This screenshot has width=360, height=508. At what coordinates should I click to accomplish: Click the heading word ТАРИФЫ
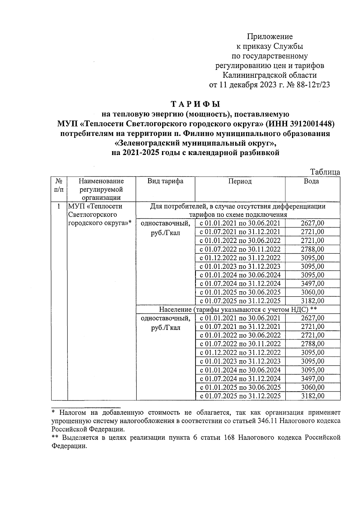(x=195, y=104)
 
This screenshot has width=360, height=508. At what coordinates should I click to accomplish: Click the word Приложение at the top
(x=270, y=37)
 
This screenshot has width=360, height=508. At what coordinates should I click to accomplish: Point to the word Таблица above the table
(x=325, y=172)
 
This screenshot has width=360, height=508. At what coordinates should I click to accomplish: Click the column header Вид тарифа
(x=165, y=181)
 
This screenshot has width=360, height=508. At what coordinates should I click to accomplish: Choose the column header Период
(x=240, y=181)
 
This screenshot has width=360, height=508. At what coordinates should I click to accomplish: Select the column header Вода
(x=312, y=181)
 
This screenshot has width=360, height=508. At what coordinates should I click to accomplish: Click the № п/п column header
(x=59, y=185)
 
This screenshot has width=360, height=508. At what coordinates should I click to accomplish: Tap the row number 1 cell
(x=59, y=207)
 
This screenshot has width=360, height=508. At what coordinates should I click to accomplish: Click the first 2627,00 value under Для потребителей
(x=312, y=223)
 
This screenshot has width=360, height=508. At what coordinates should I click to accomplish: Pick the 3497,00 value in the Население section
(x=312, y=379)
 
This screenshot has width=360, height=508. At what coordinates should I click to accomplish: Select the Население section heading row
(x=238, y=309)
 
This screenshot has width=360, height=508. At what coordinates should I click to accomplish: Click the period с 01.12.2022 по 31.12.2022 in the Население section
(x=240, y=353)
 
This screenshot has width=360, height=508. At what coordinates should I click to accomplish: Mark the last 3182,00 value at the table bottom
(x=312, y=396)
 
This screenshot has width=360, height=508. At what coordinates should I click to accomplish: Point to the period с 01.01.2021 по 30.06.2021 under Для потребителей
(x=240, y=223)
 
